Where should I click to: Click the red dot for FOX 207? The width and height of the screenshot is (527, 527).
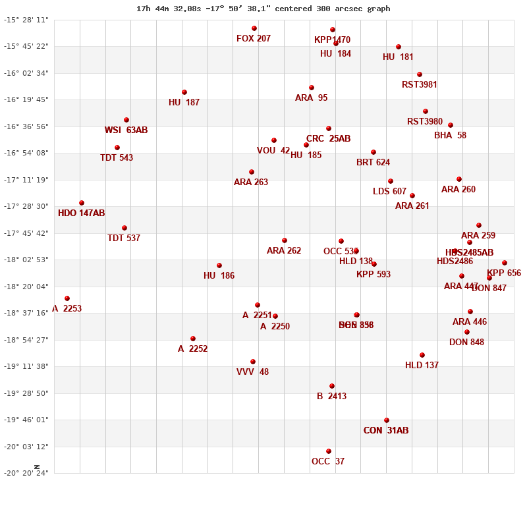254,28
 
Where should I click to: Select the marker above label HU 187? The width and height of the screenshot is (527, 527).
184,92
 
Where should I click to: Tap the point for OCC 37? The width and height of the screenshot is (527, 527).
329,451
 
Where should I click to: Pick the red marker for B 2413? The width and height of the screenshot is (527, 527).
332,386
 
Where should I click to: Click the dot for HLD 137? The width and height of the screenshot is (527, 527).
422,355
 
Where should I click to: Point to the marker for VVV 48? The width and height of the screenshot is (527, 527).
253,362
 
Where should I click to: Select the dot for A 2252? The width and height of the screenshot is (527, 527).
193,339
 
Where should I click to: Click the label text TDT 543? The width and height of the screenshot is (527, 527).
117,158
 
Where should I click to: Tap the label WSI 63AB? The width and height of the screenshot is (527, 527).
126,130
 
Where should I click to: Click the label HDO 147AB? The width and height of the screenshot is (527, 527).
81,213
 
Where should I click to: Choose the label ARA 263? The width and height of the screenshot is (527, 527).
251,182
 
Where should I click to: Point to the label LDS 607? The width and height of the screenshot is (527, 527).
390,192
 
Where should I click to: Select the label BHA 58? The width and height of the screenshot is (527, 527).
450,136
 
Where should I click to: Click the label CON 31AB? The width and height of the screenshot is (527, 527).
386,431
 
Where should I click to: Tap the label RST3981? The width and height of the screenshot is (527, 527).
420,85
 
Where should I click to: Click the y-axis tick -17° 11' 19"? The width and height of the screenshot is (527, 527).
26,180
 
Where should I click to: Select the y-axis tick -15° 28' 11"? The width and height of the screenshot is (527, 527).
26,20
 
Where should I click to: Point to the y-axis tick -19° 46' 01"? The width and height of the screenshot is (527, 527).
26,420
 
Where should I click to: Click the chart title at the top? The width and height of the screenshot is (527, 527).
263,9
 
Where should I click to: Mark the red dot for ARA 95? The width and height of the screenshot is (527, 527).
312,88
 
